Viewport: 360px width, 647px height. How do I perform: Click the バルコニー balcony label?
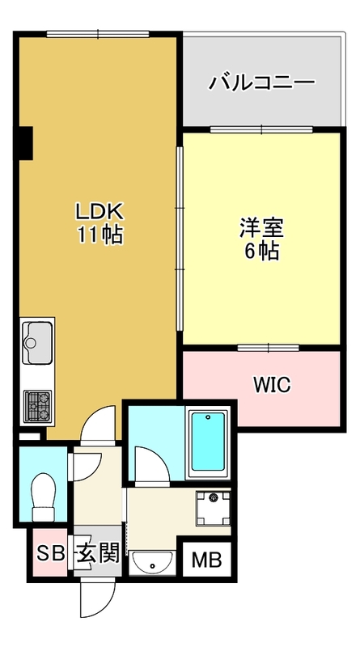[x=262, y=82]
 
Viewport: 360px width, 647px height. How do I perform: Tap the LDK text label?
[x=99, y=213]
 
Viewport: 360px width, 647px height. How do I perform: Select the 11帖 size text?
[x=100, y=235]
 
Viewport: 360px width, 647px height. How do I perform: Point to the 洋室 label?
[x=262, y=228]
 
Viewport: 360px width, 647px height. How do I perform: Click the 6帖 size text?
[x=262, y=251]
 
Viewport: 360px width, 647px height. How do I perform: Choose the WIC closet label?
[x=272, y=385]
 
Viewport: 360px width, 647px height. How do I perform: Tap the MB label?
[x=207, y=560]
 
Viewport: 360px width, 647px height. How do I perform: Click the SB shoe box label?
[x=51, y=553]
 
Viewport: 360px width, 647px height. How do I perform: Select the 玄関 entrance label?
[x=97, y=553]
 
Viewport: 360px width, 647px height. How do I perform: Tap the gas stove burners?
[x=37, y=406]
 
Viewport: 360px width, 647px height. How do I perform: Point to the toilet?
[x=44, y=497]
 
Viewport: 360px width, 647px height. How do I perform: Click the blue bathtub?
[x=209, y=442]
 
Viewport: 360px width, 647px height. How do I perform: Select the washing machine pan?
[x=213, y=508]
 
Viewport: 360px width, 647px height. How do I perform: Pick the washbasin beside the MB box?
[x=152, y=563]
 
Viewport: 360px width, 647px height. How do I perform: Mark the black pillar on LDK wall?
[x=26, y=143]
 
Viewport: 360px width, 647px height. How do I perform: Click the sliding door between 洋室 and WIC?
[x=269, y=348]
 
